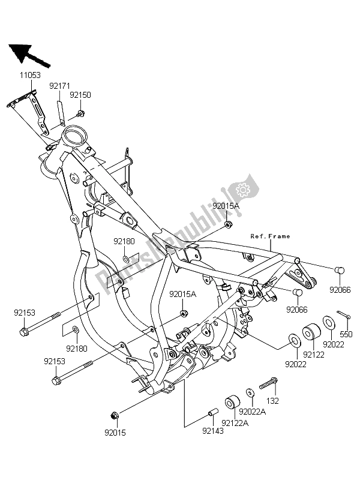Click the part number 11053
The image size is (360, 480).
(x=28, y=76)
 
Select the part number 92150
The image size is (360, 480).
(x=80, y=95)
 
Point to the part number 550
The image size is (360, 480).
(x=347, y=334)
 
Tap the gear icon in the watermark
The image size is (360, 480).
(x=243, y=190)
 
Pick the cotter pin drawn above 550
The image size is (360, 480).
(x=343, y=314)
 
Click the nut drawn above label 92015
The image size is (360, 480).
(x=114, y=415)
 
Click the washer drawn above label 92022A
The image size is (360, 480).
(x=250, y=394)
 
